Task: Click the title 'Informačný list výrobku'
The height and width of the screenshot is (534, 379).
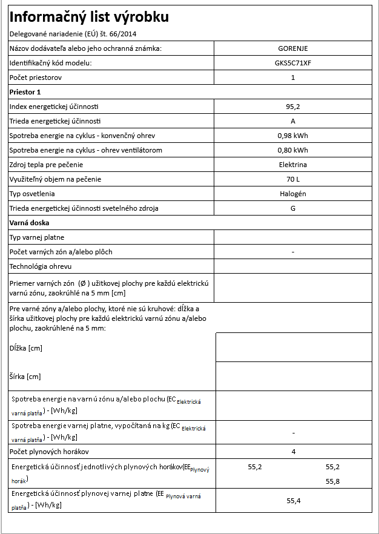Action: tap(90, 17)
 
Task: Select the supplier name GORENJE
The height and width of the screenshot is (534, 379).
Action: tap(293, 48)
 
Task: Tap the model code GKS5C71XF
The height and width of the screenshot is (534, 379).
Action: tap(293, 63)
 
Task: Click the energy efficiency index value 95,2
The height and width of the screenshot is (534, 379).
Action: tap(293, 107)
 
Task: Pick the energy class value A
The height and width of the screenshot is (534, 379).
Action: tap(293, 121)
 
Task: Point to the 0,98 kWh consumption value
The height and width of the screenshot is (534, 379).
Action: tap(293, 136)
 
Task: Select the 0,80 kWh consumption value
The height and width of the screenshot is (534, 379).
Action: tap(293, 150)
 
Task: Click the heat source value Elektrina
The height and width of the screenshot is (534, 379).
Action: tap(293, 165)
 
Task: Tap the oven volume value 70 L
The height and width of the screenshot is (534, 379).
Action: tap(293, 179)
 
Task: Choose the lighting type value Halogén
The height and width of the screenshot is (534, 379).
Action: tap(293, 194)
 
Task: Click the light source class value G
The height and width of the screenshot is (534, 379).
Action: tap(293, 208)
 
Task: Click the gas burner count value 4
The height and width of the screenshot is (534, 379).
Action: tap(293, 452)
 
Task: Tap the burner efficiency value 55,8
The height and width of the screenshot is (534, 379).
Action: tap(333, 481)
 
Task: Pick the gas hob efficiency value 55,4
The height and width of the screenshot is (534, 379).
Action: tap(293, 501)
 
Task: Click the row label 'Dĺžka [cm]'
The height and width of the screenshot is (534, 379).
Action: tap(26, 348)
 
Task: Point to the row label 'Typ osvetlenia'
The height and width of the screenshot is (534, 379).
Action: tap(33, 194)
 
